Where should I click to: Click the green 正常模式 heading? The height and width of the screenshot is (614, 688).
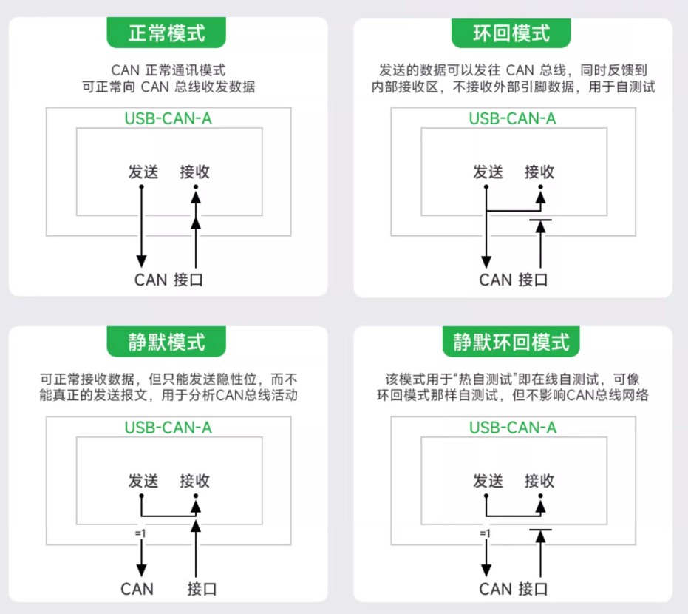[x=167, y=33]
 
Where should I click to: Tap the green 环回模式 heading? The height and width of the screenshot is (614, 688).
[x=512, y=33]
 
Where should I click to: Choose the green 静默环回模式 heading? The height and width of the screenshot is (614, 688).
[x=512, y=342]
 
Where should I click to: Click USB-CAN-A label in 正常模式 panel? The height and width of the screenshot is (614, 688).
[x=168, y=118]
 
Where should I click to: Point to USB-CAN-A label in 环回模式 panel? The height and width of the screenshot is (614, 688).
[x=513, y=118]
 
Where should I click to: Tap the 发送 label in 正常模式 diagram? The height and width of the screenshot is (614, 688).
[x=143, y=172]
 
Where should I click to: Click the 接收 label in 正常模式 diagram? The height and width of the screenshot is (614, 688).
[x=195, y=172]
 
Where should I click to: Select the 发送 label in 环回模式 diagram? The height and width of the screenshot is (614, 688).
[x=488, y=172]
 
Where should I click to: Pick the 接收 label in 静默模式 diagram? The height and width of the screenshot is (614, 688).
[x=195, y=481]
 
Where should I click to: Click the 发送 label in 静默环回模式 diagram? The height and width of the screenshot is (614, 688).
[x=488, y=481]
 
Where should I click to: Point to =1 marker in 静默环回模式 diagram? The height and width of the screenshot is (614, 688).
[x=484, y=533]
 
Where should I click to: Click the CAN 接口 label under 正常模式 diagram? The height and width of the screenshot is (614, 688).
[x=168, y=280]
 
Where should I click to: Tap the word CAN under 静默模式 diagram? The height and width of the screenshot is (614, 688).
[x=137, y=589]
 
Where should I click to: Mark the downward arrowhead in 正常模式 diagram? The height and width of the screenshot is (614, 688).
[x=141, y=260]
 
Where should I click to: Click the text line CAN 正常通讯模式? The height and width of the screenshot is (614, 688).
[x=168, y=70]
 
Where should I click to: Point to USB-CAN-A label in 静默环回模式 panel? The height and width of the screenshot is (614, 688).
[x=513, y=428]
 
